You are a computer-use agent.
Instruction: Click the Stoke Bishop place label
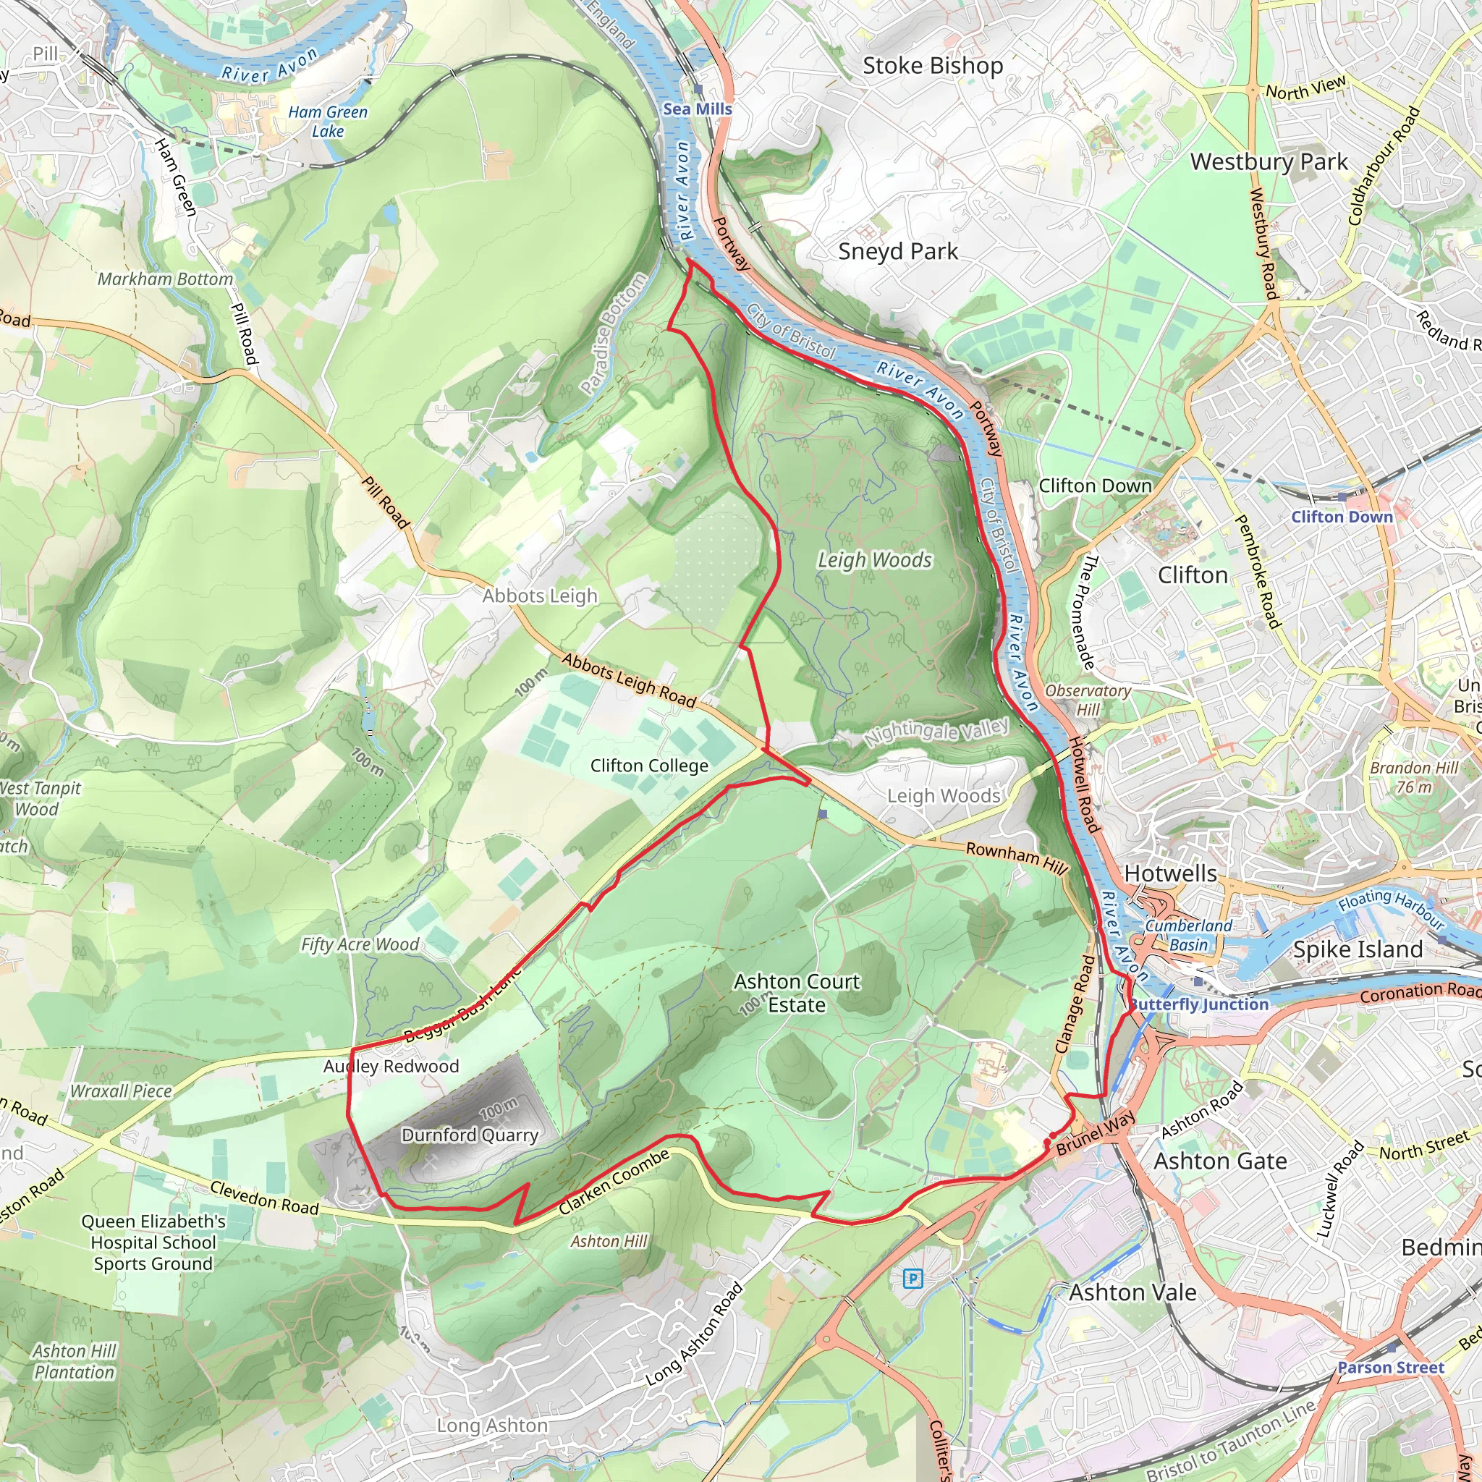pos(933,66)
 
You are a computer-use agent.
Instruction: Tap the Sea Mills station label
pos(698,109)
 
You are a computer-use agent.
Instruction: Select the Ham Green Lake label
pos(328,121)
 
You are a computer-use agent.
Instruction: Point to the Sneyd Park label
pos(897,251)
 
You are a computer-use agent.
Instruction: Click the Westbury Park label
pos(1269,162)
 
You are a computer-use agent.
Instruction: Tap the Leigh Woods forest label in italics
pos(874,560)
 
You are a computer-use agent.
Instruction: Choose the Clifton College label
pos(649,766)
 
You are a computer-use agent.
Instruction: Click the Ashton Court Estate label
pos(797,993)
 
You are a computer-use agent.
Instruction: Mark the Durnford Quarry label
pos(470,1135)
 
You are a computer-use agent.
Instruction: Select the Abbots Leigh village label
pos(539,596)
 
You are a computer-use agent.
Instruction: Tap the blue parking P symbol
pos(913,1278)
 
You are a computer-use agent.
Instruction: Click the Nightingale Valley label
pos(936,732)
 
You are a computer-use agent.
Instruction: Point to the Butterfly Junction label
pos(1200,1004)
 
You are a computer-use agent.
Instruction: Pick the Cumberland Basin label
pos(1188,935)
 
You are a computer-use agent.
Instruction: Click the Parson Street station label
pos(1390,1367)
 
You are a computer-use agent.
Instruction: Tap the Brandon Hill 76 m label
pos(1414,777)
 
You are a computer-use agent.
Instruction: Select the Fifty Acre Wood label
pos(360,944)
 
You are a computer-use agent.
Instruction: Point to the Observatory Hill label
pos(1088,700)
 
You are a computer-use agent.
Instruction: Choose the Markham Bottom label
pos(165,279)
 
